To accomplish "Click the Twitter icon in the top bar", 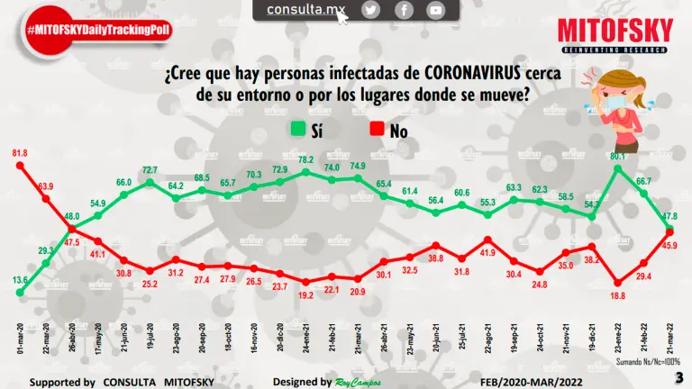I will point(371,10).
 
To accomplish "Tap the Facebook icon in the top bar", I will point(404,10).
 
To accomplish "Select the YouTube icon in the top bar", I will point(436,10).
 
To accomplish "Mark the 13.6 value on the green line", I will point(19,279).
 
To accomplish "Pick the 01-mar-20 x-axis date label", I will point(20,344).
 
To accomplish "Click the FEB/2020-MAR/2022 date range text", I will point(509,382).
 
